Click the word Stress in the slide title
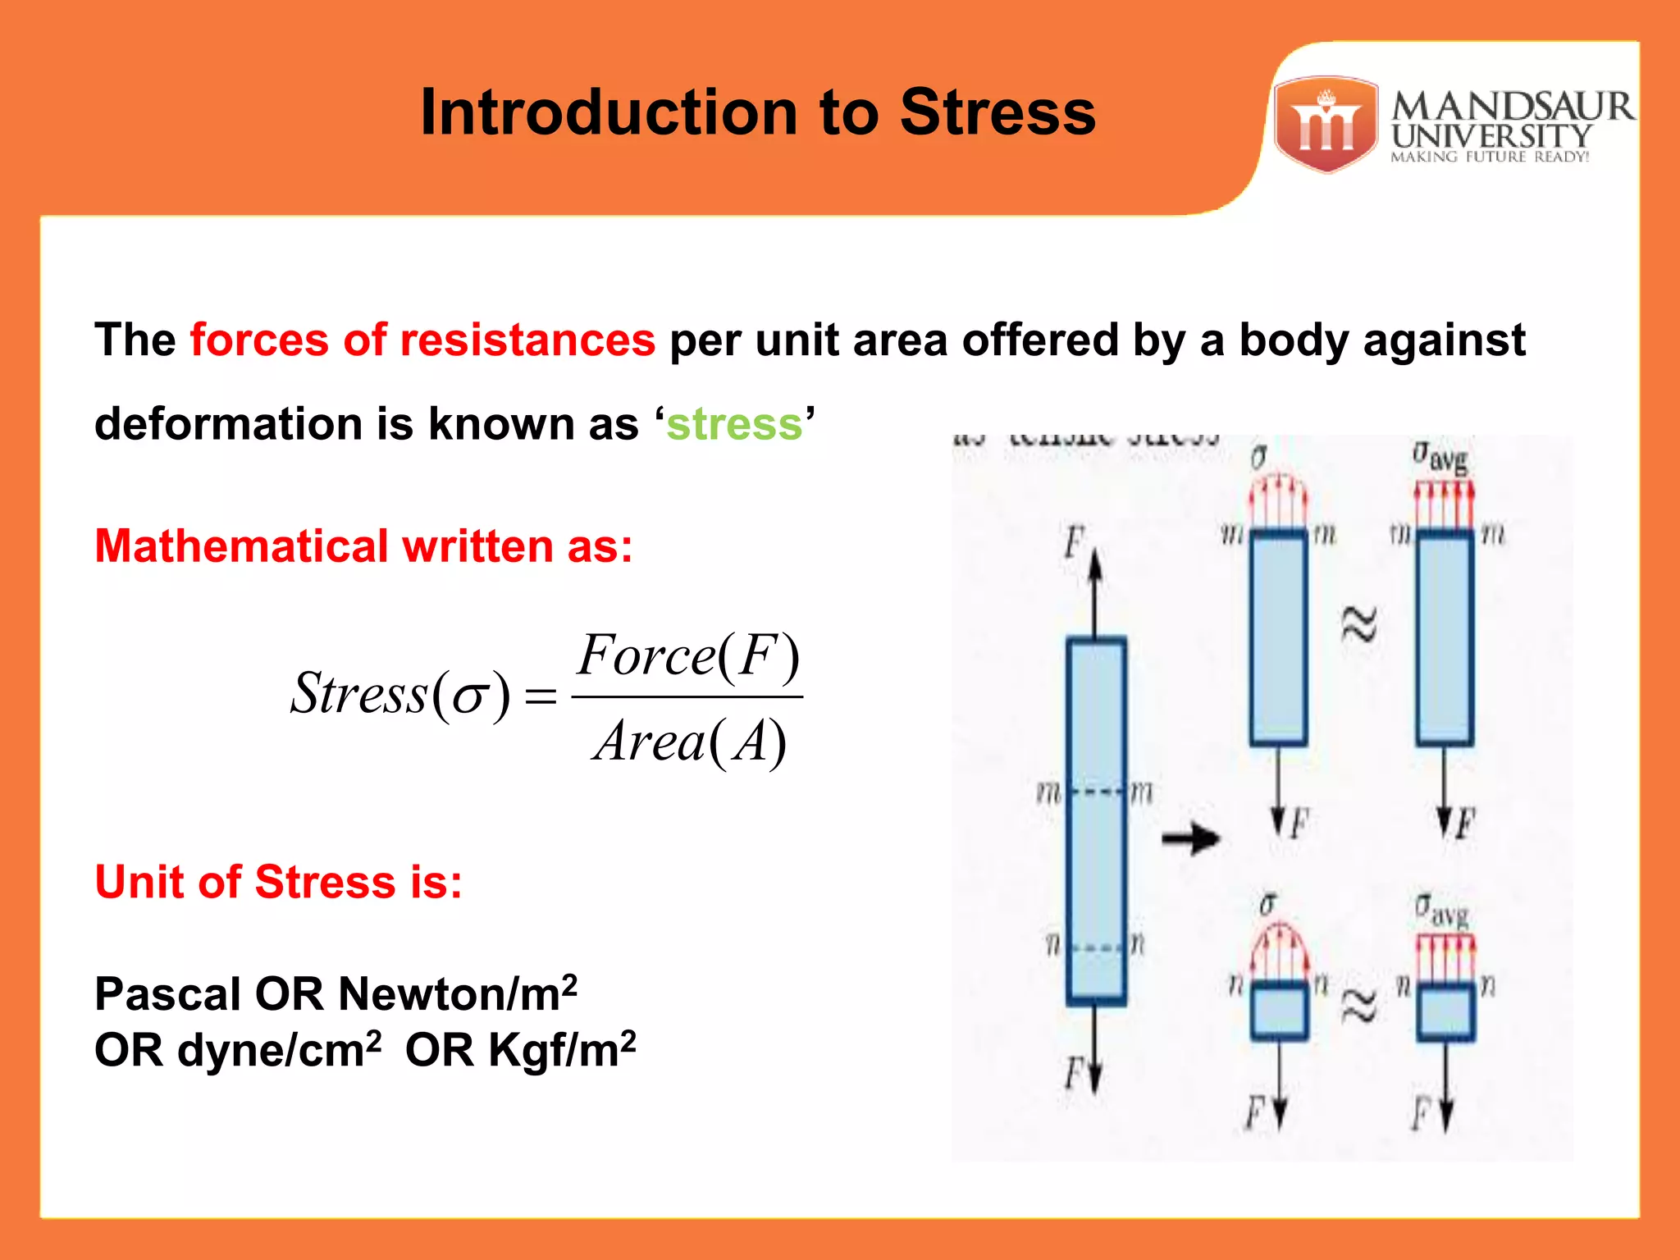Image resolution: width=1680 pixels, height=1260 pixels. tap(997, 112)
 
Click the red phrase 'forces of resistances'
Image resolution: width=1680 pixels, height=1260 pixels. tap(422, 340)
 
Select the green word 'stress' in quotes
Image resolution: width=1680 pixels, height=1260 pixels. tap(734, 424)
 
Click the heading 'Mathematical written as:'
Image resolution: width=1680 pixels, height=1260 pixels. tap(363, 546)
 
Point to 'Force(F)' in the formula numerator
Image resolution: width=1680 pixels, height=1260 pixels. tap(687, 656)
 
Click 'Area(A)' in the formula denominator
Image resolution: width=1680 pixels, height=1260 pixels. tap(689, 742)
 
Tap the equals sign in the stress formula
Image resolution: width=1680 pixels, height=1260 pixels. tap(541, 697)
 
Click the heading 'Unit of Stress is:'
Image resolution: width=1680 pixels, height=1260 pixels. tap(279, 882)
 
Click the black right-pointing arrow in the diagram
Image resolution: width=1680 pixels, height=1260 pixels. tap(1191, 838)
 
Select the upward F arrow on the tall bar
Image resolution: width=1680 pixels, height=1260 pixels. tap(1096, 591)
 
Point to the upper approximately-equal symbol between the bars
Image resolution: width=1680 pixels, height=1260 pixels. tap(1358, 625)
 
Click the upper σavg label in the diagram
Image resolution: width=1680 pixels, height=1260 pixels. tap(1440, 458)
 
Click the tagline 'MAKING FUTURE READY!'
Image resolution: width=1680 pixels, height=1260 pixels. tap(1490, 157)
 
